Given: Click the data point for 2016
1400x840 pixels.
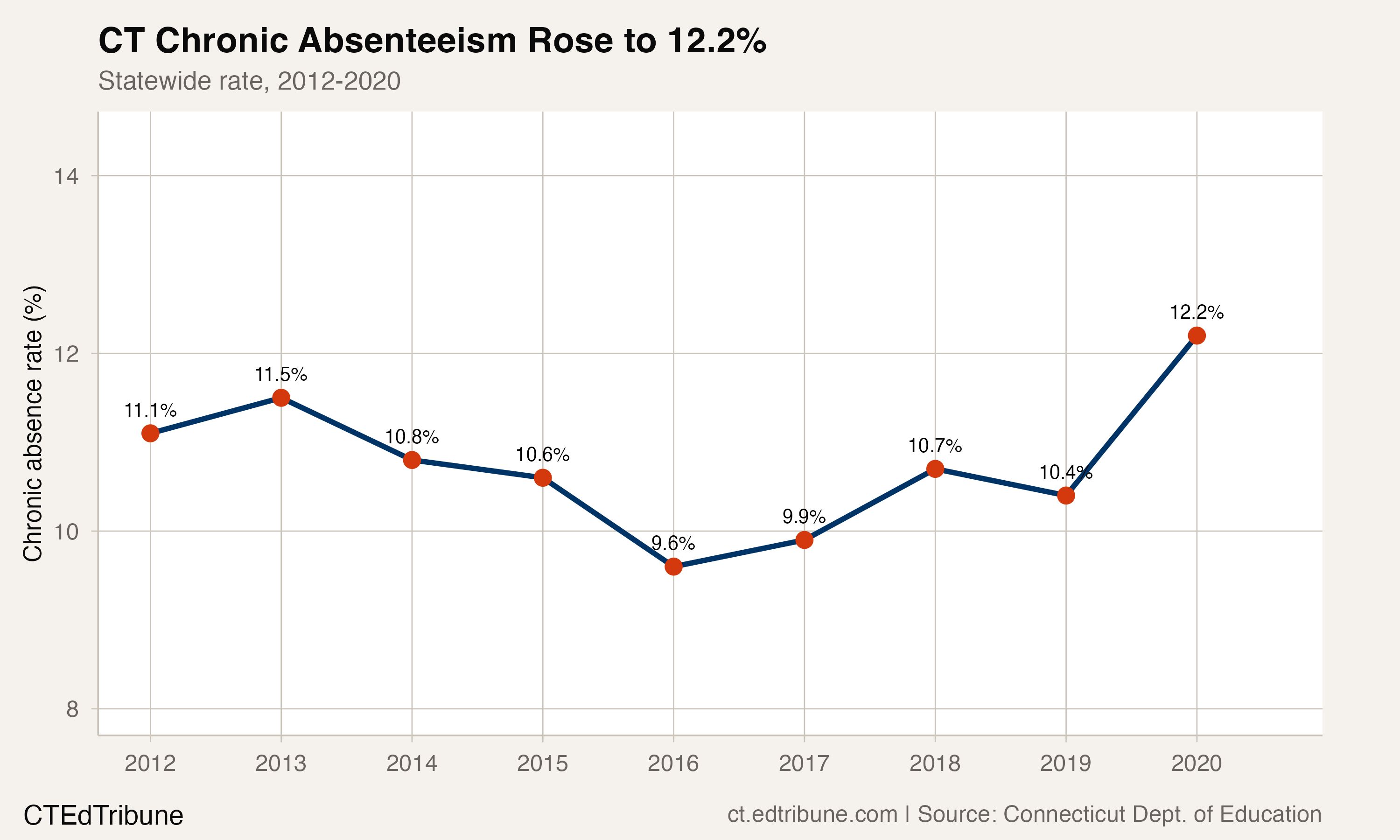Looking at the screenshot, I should (x=673, y=567).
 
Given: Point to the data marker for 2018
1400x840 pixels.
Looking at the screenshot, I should (x=935, y=469).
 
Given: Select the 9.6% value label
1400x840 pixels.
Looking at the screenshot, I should (x=673, y=543).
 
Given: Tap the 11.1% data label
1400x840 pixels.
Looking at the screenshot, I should (x=150, y=410).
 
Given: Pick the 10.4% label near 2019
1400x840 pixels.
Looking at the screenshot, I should (x=1065, y=472).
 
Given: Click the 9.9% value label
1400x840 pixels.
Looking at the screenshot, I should (x=804, y=517).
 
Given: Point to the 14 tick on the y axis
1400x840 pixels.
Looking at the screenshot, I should (x=66, y=176).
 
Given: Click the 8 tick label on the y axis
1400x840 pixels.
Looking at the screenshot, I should (x=72, y=709).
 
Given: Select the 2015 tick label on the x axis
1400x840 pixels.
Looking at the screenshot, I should (x=542, y=763).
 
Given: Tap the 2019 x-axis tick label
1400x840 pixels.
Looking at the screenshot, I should (x=1065, y=763).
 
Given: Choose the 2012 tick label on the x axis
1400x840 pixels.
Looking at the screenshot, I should (x=150, y=763).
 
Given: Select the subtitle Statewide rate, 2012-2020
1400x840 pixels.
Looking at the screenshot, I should (x=249, y=81).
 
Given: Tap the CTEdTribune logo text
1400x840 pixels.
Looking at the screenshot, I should (x=103, y=816).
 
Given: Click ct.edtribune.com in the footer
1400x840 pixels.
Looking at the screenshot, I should (x=812, y=814).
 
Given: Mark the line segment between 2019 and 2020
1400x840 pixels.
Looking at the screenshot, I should (x=1131, y=415).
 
